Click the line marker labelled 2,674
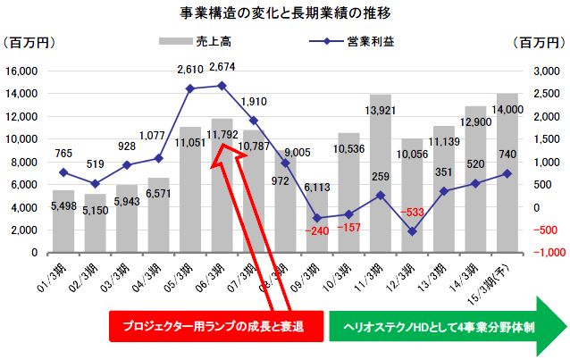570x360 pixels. [222, 86]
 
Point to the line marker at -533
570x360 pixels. [412, 231]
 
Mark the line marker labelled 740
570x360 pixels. [507, 173]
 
